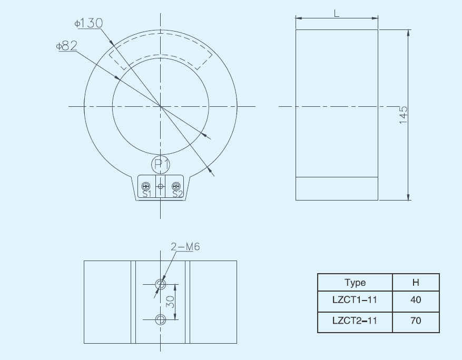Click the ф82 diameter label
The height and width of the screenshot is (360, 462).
point(66,46)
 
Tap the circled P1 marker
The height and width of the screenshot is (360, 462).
point(161,165)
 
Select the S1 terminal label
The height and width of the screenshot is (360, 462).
point(146,194)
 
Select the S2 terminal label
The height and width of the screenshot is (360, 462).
point(177,194)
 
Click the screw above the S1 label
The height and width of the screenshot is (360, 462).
point(146,186)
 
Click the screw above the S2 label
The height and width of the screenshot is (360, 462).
point(176,186)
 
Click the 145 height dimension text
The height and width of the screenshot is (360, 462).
point(404,115)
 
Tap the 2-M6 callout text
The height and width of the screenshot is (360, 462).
point(185,246)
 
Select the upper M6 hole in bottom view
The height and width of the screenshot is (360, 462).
point(161,285)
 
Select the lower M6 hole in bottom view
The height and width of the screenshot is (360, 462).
point(161,319)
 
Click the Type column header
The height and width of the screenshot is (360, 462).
point(355,283)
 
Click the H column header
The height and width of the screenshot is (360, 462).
point(416,283)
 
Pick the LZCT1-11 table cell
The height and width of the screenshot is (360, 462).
point(355,300)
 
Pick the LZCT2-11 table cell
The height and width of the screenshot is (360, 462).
point(355,320)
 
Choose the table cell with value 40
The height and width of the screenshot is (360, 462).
point(416,300)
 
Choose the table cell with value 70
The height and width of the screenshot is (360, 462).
point(416,320)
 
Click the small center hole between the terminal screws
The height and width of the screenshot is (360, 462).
point(161,186)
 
